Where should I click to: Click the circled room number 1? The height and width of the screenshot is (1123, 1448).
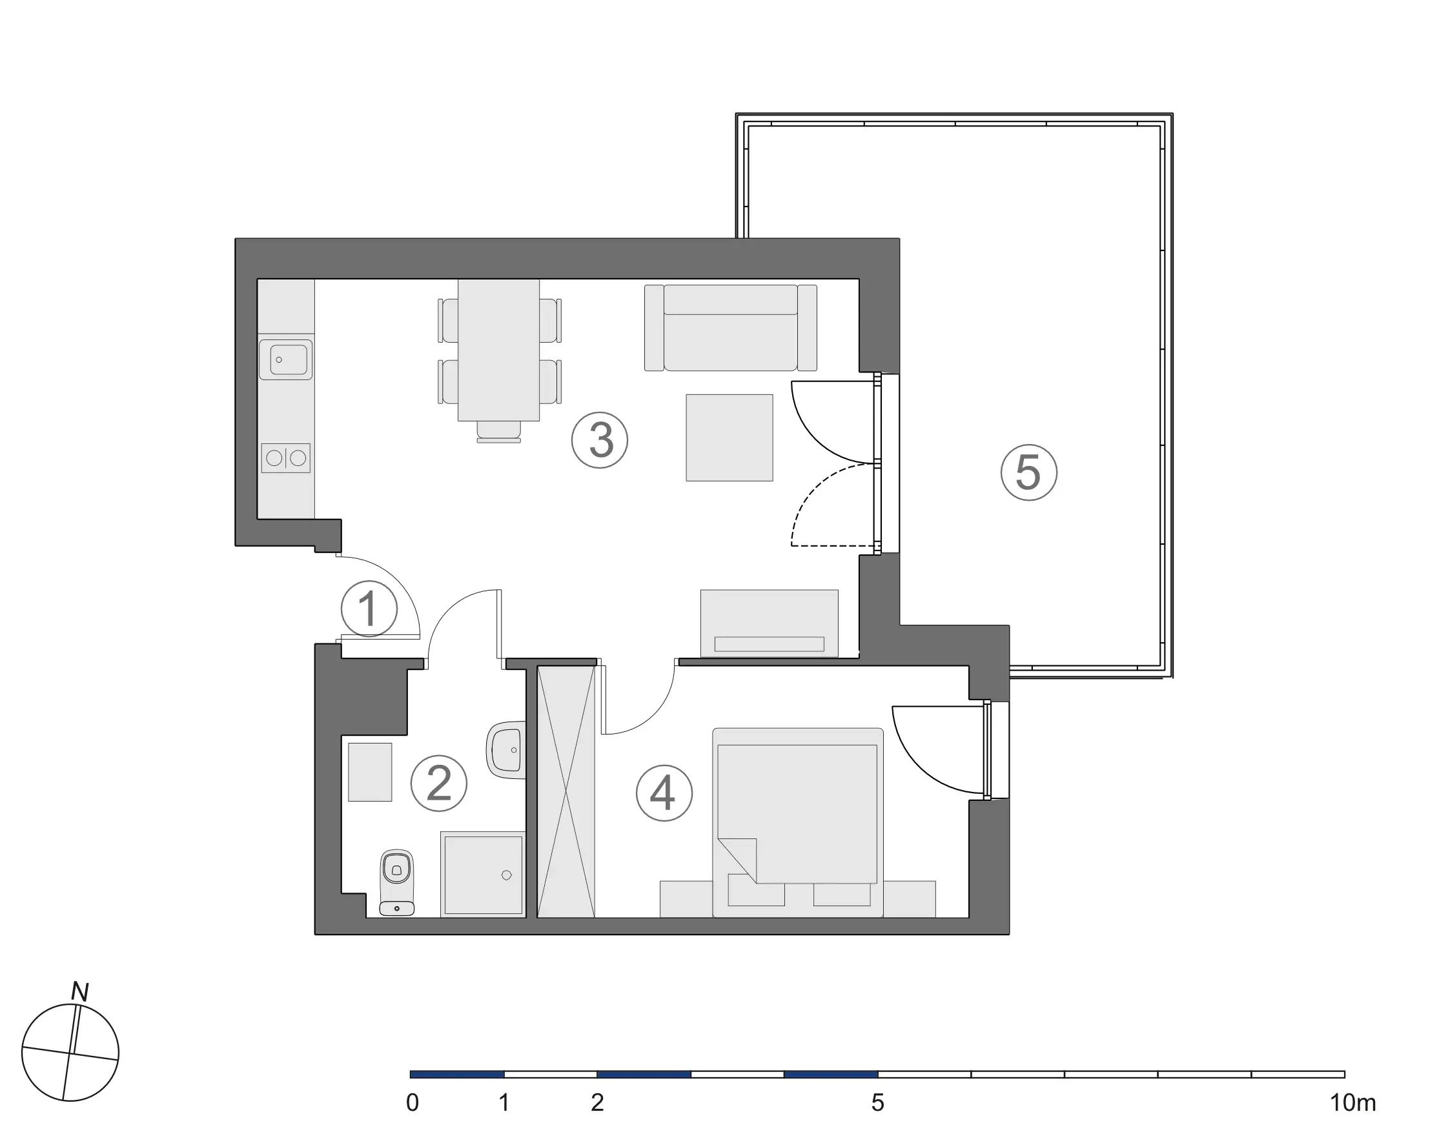(369, 608)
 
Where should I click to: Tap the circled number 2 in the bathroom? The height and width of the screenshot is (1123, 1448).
(439, 783)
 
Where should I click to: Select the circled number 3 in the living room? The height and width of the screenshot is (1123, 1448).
(600, 440)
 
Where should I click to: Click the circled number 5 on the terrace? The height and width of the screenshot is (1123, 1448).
(1028, 472)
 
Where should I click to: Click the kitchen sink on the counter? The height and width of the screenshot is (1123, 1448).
(286, 360)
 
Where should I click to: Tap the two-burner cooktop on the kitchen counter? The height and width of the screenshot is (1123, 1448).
(286, 458)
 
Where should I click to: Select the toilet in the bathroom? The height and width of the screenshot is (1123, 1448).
(396, 882)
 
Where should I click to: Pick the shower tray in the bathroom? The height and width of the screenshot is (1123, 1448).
(483, 875)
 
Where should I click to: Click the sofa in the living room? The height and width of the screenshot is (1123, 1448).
(730, 327)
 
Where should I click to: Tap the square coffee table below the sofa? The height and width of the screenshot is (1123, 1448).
(729, 438)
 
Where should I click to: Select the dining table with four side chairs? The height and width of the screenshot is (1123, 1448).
(498, 349)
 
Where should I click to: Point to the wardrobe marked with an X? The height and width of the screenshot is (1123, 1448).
(566, 791)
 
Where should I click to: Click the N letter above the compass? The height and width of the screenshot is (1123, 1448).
(80, 992)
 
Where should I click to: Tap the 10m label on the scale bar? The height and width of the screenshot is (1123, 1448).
(1353, 1103)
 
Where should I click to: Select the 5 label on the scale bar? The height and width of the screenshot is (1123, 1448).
(878, 1103)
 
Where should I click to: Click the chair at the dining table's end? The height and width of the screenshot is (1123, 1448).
(498, 432)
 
